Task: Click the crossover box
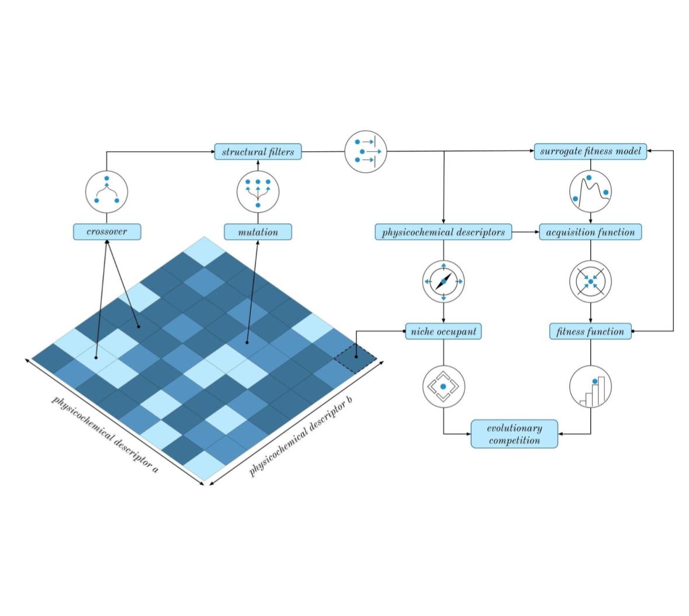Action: point(107,232)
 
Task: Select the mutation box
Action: point(258,232)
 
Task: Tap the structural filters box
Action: point(258,152)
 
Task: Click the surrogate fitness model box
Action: point(590,152)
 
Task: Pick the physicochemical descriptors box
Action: point(443,232)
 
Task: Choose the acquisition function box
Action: point(590,232)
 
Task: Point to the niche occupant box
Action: point(444,332)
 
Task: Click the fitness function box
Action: point(590,332)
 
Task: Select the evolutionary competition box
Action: point(514,434)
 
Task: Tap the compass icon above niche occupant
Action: point(444,281)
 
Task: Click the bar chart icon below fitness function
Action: point(590,387)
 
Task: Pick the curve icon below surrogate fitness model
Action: point(590,190)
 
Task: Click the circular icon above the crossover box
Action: point(107,192)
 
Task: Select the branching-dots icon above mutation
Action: point(258,192)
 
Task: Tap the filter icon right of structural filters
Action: point(366,151)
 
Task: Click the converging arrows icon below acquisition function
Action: point(590,281)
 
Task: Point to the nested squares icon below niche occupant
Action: point(444,387)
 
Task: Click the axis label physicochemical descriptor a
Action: point(105,434)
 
